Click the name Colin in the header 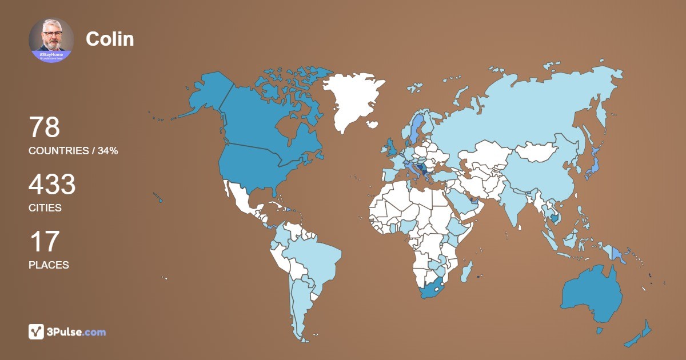point(110,39)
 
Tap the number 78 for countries point(44,127)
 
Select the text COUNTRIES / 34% point(73,151)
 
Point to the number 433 point(52,185)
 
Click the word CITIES point(45,208)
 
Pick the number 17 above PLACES point(44,242)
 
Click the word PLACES point(49,265)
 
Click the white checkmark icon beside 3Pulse point(36,331)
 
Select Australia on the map point(592,294)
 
